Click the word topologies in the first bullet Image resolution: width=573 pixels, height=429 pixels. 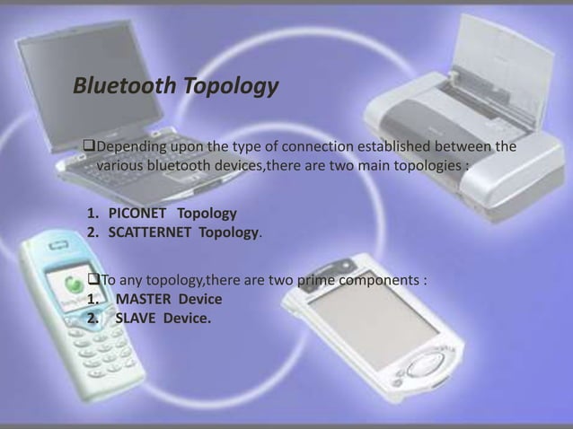point(415,165)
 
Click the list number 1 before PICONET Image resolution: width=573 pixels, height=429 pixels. point(92,214)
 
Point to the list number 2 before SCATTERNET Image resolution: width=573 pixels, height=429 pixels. point(92,233)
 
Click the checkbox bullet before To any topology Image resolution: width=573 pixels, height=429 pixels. point(93,281)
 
